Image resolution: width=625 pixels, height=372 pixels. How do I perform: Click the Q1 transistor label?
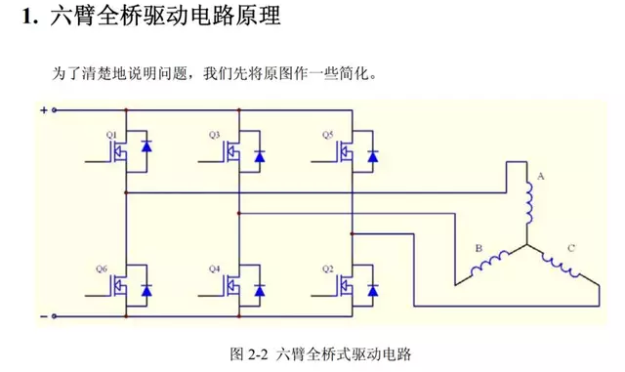110,132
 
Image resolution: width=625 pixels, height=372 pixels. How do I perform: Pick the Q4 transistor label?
215,267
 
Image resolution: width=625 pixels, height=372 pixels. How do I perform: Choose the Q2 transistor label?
327,267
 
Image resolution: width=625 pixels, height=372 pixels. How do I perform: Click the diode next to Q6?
146,290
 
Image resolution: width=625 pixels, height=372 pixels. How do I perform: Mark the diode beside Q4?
260,290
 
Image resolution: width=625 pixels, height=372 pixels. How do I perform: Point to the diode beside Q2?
372,290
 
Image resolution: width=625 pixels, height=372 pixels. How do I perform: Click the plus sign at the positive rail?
43,109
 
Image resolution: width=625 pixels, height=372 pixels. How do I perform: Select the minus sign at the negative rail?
43,316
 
